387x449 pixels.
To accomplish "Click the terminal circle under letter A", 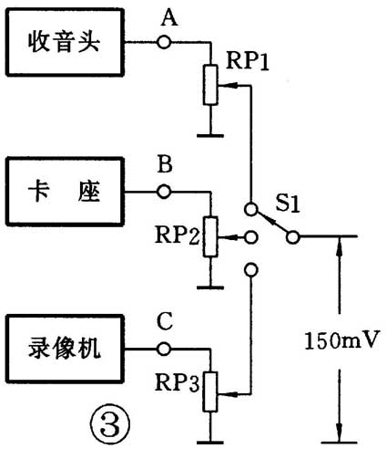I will tap(165, 42).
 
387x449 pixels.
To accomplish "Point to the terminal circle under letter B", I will tap(165, 192).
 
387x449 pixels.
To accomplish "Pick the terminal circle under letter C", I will tap(165, 349).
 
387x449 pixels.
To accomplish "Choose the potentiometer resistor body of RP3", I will tap(210, 392).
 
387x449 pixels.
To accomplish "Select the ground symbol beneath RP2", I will tap(210, 284).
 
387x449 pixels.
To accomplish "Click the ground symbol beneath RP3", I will tap(210, 437).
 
